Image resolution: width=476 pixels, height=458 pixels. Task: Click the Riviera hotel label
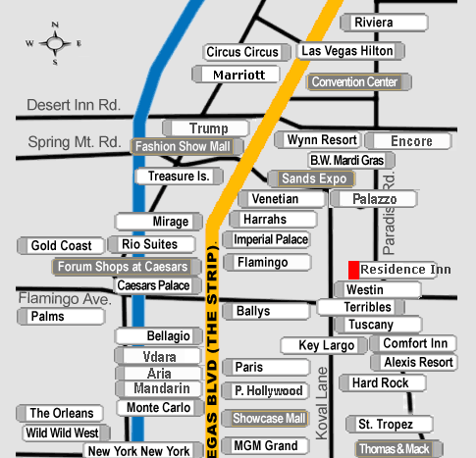coord(384,23)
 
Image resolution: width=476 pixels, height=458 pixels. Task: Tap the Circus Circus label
coord(247,52)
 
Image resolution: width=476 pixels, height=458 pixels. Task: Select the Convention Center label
coord(359,81)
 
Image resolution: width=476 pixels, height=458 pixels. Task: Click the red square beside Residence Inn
coord(353,270)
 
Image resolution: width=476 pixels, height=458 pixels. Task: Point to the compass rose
coord(54,43)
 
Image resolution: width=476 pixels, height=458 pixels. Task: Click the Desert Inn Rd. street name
coord(74,105)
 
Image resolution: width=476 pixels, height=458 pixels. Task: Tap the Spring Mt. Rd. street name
coord(75,142)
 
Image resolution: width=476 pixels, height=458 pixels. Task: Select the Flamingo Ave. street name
coord(65,298)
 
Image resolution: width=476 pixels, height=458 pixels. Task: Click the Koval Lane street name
coord(322,403)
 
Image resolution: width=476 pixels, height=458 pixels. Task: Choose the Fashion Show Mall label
coord(187,146)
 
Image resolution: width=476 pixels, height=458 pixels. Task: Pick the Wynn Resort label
coord(317,140)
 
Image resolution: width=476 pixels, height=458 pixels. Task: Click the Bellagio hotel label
coord(159,336)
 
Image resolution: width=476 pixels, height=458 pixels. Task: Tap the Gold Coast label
coord(61,245)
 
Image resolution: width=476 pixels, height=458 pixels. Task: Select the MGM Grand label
coord(265,445)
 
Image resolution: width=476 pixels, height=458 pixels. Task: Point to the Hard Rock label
coord(383,382)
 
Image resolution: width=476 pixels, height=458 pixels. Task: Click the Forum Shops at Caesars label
coord(127,267)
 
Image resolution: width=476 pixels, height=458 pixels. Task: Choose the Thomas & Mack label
coord(399,449)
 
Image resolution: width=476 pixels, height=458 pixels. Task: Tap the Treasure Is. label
coord(180,177)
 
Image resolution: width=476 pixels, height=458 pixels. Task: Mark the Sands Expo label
coord(311,178)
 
